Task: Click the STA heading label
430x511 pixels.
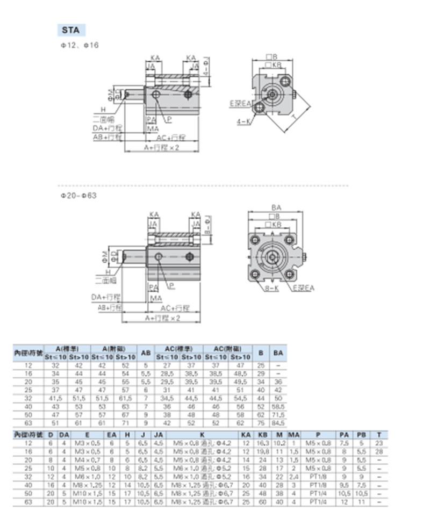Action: point(70,30)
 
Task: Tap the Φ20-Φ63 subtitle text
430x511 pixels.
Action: point(78,196)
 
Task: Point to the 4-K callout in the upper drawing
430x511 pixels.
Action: point(243,122)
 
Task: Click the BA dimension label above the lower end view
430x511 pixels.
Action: point(276,207)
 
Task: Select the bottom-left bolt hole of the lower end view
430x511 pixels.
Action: point(256,276)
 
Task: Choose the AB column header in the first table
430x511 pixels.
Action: point(146,352)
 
